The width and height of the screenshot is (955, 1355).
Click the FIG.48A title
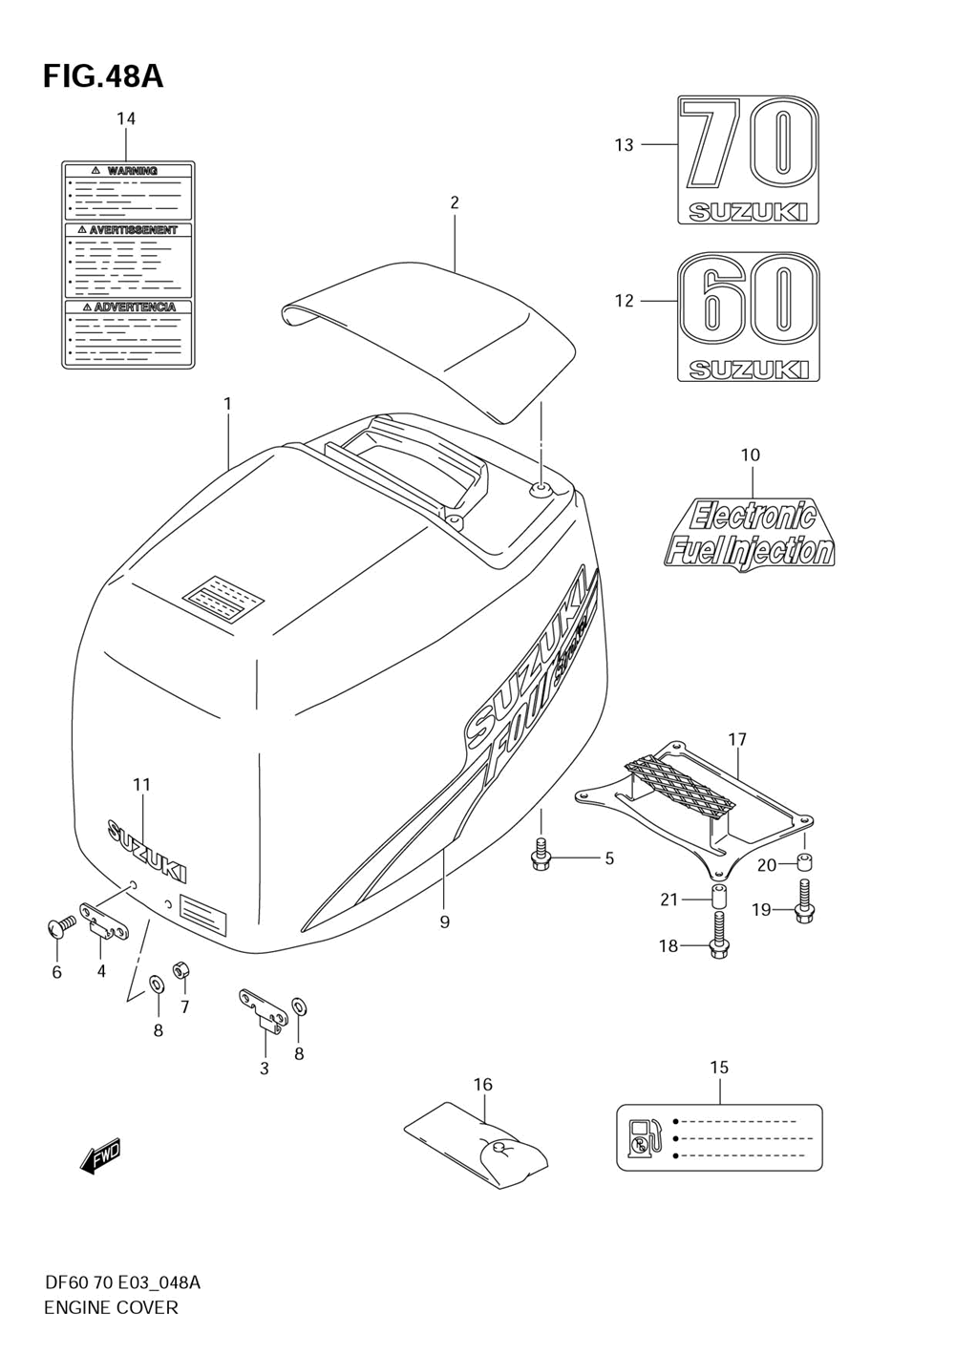[x=103, y=76]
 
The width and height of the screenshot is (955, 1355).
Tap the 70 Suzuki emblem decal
[x=749, y=159]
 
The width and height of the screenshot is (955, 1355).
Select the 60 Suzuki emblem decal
[x=749, y=316]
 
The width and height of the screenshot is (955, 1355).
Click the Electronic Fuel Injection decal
[x=749, y=533]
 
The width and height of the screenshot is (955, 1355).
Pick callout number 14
[x=126, y=118]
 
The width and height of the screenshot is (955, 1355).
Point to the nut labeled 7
[x=180, y=971]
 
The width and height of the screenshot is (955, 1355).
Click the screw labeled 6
[x=57, y=926]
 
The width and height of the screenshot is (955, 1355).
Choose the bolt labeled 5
[x=540, y=857]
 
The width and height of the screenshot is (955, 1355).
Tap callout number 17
[x=737, y=739]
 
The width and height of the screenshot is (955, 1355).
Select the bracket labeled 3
[x=263, y=1011]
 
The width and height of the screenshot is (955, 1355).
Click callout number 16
[x=483, y=1084]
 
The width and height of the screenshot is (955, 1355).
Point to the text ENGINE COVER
[x=111, y=1307]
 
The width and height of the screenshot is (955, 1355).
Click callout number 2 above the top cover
[x=455, y=202]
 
